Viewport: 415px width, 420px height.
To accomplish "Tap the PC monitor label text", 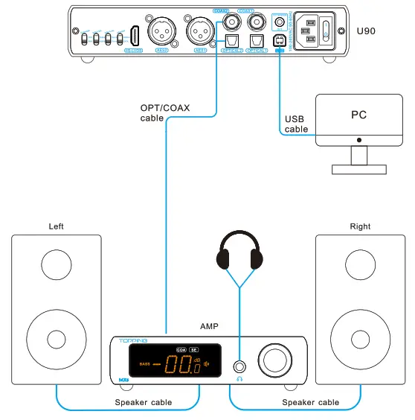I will coord(358,115).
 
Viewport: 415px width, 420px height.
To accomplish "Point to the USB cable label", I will coord(295,124).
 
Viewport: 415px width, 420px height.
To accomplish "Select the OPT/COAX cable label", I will coord(164,112).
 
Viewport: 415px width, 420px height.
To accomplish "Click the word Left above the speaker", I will coord(57,226).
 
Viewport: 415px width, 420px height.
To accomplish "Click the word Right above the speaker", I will coord(360,226).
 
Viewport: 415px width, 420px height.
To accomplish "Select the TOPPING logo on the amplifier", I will coord(134,340).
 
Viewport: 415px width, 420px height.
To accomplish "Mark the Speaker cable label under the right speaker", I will coord(310,403).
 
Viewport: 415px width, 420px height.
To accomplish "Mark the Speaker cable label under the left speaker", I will coord(143,403).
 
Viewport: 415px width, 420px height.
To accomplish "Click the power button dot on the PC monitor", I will coord(359,139).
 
